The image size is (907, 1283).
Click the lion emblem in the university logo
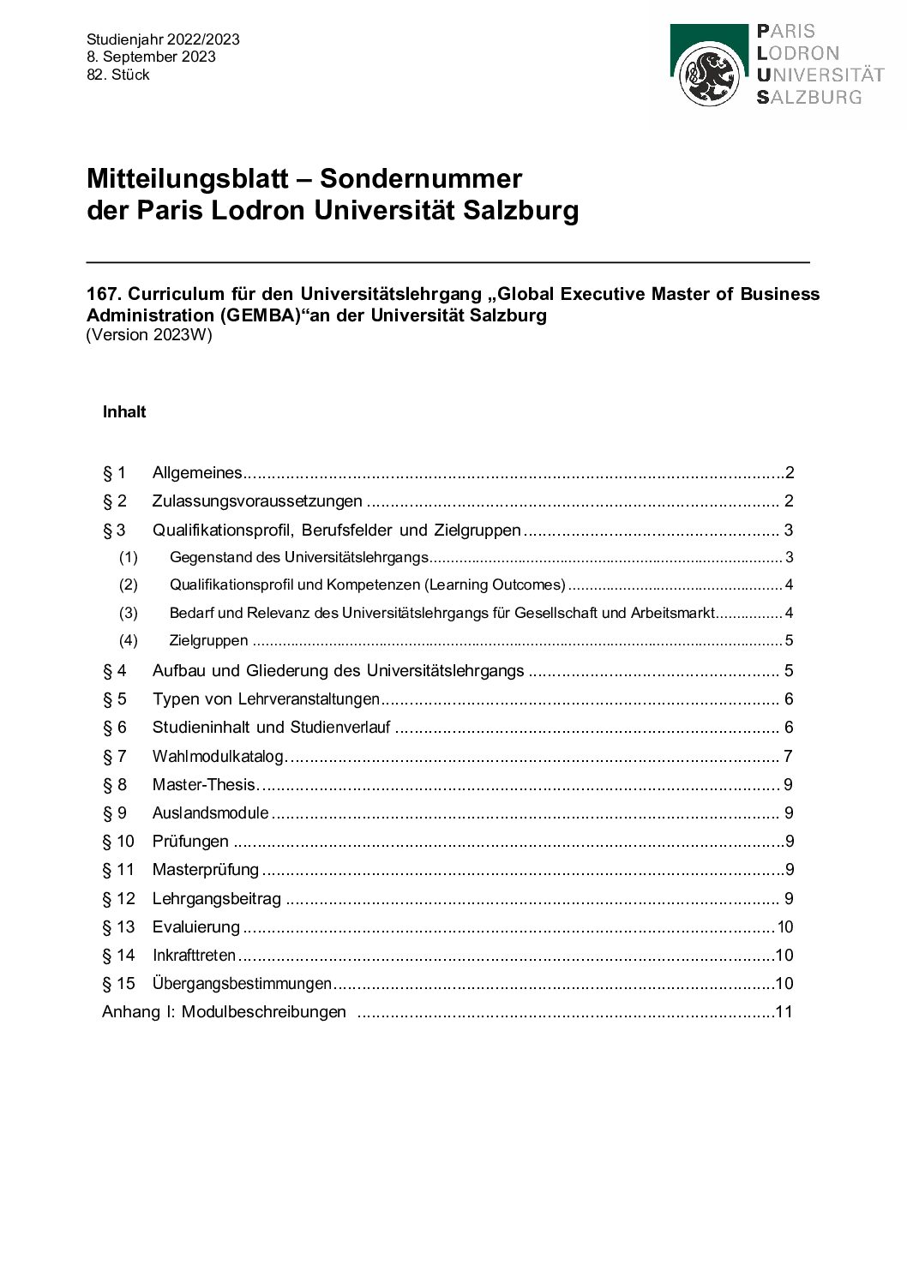[x=709, y=77]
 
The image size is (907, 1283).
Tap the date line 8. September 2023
[x=151, y=57]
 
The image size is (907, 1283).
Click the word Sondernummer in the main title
[x=420, y=178]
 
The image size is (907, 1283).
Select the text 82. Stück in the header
[x=118, y=75]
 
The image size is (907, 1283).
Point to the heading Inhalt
[x=124, y=411]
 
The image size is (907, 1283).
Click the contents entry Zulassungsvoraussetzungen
[x=257, y=501]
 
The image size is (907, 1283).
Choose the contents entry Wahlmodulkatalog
[x=218, y=756]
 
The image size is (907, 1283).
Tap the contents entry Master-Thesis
[x=204, y=784]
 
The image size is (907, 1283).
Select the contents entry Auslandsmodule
[x=210, y=812]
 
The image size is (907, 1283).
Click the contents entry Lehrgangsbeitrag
[x=216, y=898]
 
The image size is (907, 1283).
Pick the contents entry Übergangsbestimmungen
[x=242, y=983]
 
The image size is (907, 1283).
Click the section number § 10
[x=118, y=841]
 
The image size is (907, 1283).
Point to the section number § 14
[x=118, y=955]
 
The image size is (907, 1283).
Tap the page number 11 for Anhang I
[x=784, y=1011]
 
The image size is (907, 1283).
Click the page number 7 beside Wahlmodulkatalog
[x=788, y=756]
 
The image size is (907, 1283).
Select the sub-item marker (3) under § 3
[x=128, y=613]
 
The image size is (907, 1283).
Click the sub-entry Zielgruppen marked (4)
[x=208, y=640]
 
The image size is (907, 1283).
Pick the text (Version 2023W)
[x=149, y=335]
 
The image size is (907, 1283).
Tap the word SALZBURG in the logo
[x=808, y=97]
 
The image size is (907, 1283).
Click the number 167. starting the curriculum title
[x=104, y=294]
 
